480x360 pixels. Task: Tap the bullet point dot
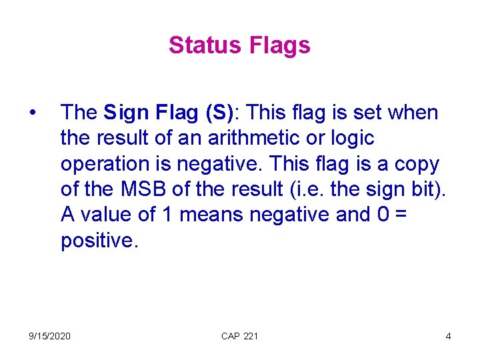[33, 113]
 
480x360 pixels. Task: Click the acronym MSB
[145, 189]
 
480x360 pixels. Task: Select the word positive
[99, 240]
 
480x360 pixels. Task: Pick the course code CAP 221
[239, 336]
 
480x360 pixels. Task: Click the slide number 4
[448, 336]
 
